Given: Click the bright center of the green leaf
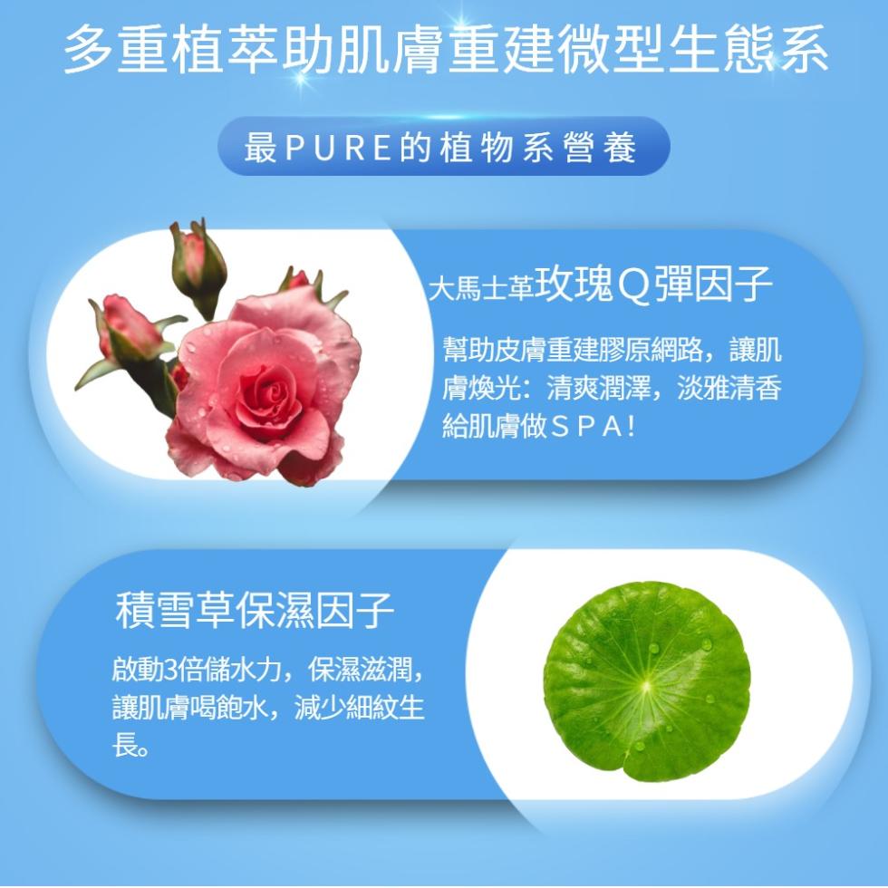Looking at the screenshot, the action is [x=647, y=685].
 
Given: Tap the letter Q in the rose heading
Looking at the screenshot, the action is [x=633, y=286].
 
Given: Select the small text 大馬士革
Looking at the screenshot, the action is [x=480, y=288].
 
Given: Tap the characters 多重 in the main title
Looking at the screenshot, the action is [x=117, y=49].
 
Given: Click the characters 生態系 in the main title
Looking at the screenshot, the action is [x=748, y=49].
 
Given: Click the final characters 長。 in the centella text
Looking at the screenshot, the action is [x=130, y=744].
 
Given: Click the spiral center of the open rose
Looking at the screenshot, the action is [x=275, y=390].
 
